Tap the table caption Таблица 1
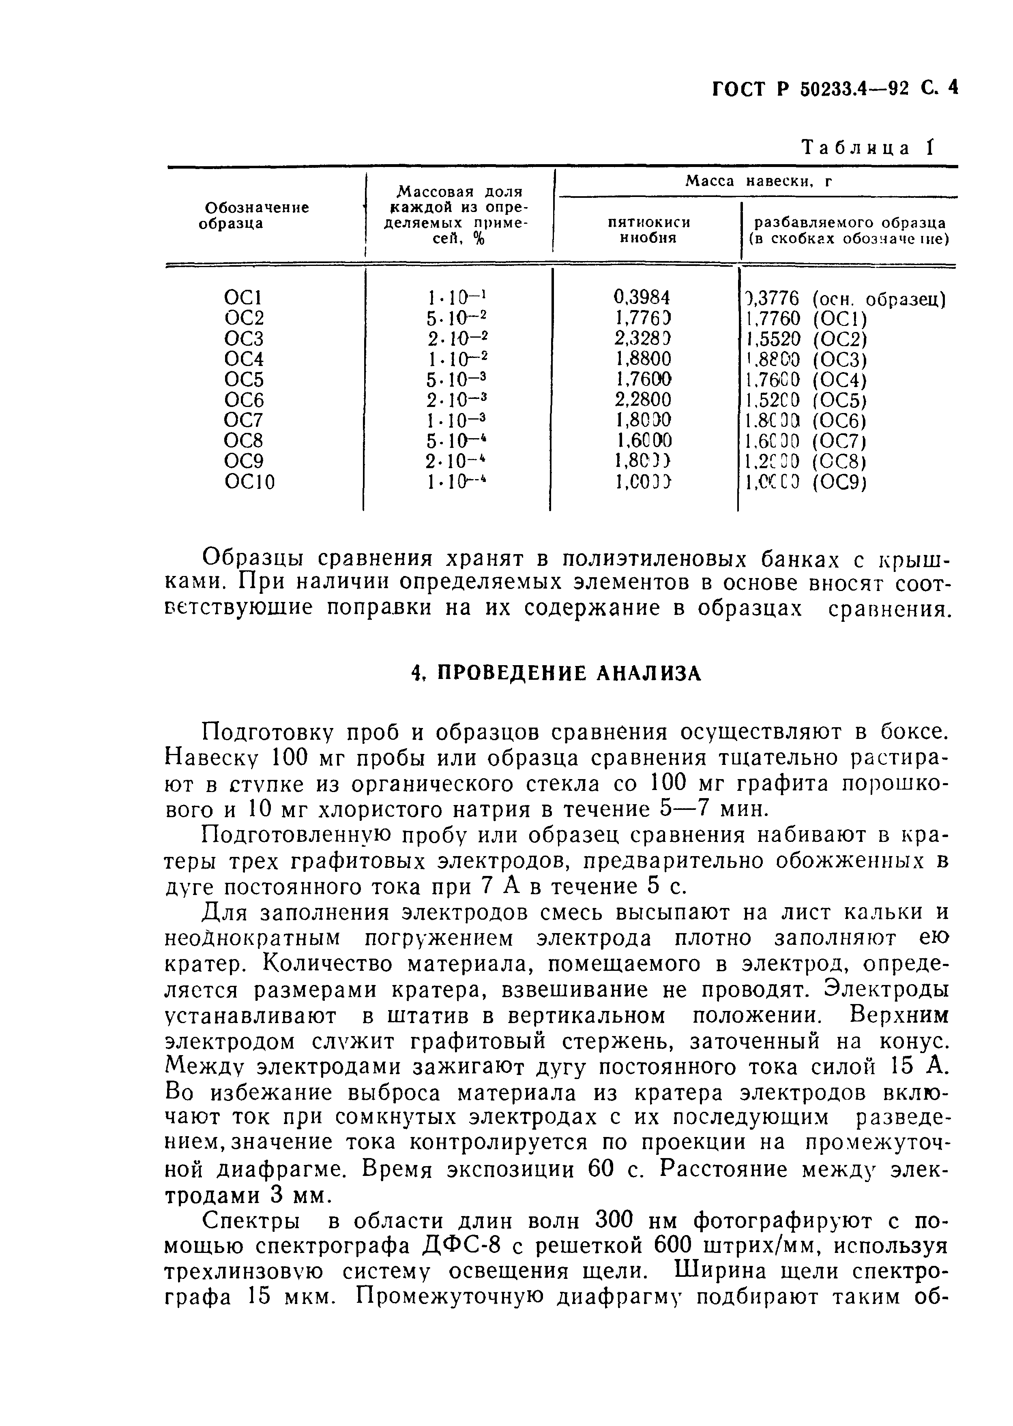click(x=868, y=148)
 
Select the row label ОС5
click(x=244, y=380)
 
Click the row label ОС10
click(x=249, y=482)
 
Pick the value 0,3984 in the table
click(x=642, y=298)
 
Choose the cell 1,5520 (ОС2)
click(x=806, y=339)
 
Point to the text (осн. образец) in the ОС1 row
click(x=880, y=299)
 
